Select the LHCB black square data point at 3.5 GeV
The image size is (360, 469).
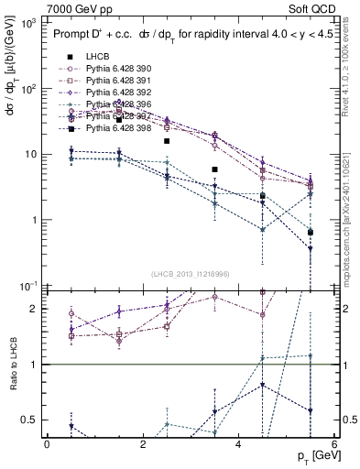pos(214,169)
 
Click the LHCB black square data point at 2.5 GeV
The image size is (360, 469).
pos(167,141)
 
